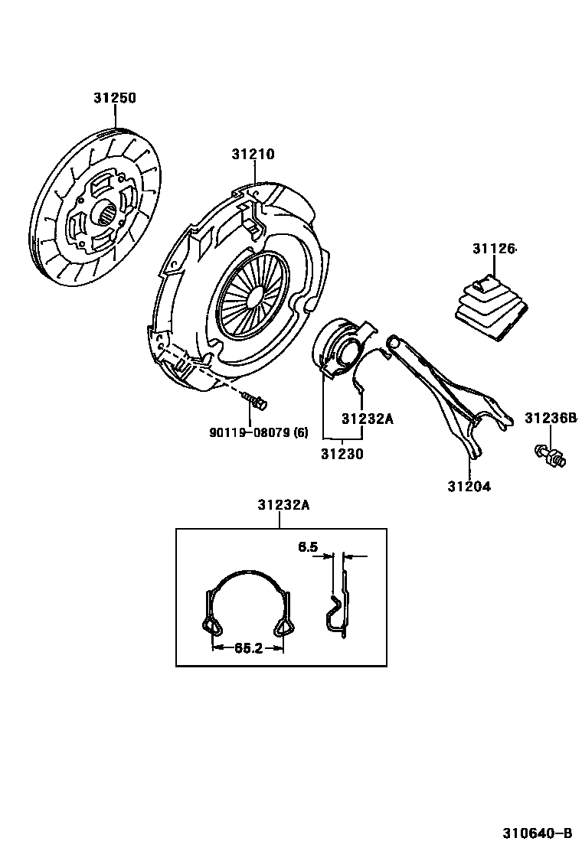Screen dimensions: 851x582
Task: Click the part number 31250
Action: pyautogui.click(x=115, y=99)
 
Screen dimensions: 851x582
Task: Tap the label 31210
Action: pyautogui.click(x=253, y=154)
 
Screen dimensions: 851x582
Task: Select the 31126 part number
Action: pyautogui.click(x=494, y=249)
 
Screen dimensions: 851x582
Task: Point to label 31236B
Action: pyautogui.click(x=550, y=418)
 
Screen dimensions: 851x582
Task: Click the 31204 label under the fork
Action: pyautogui.click(x=469, y=486)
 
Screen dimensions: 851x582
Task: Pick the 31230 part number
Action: pyautogui.click(x=342, y=454)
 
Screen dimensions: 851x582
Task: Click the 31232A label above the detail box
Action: pyautogui.click(x=283, y=504)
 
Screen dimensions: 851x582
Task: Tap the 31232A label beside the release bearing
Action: pyautogui.click(x=367, y=419)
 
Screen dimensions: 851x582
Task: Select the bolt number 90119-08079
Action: pyautogui.click(x=258, y=432)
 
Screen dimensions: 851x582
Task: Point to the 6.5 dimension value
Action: pyautogui.click(x=307, y=547)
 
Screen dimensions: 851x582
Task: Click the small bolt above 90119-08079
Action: pyautogui.click(x=253, y=399)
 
